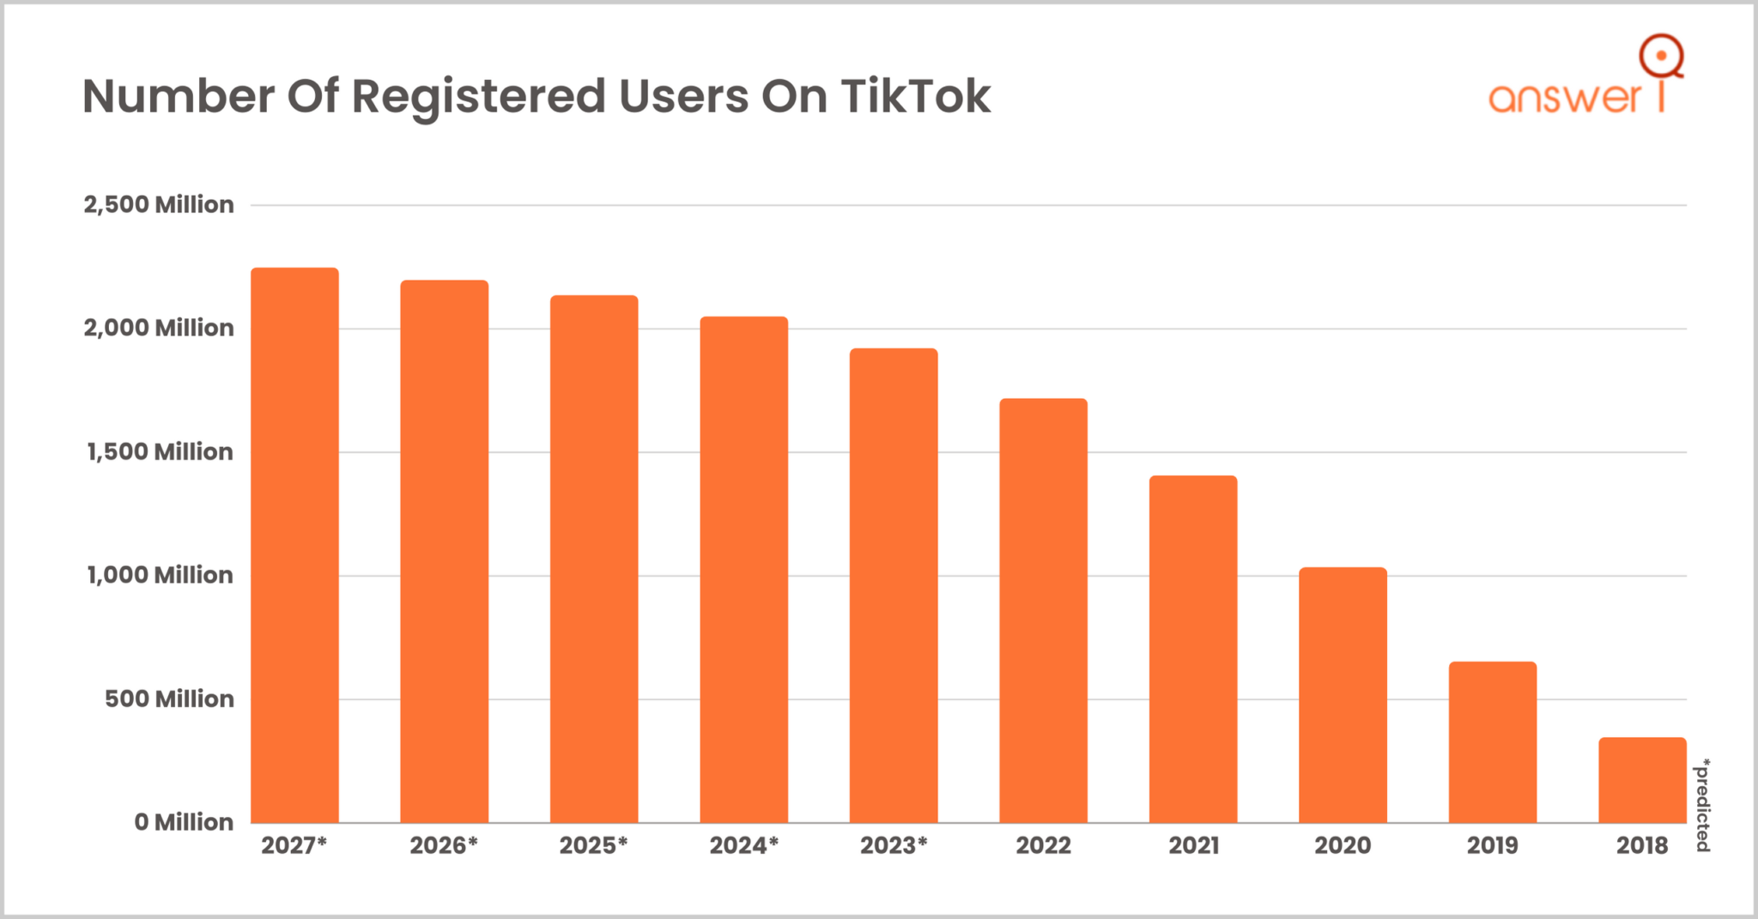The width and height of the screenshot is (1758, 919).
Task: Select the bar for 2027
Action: (x=294, y=546)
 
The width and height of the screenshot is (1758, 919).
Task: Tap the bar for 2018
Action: (x=1642, y=780)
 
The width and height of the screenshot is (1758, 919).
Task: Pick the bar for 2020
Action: (x=1343, y=695)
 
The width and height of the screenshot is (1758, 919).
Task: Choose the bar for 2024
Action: (x=743, y=570)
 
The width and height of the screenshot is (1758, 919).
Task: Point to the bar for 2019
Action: (x=1492, y=742)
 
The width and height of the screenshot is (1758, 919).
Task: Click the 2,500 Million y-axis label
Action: (x=159, y=204)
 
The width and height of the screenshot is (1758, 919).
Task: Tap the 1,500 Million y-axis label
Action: (x=160, y=451)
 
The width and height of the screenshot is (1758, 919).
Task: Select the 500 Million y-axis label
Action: (x=169, y=698)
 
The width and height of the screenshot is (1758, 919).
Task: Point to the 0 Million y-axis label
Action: (x=184, y=822)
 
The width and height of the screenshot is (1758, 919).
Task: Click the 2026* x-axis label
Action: (x=444, y=845)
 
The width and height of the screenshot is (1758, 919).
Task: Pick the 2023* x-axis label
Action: (x=894, y=845)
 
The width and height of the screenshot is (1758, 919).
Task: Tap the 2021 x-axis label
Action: (x=1193, y=845)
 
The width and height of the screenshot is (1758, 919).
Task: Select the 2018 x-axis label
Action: (x=1642, y=845)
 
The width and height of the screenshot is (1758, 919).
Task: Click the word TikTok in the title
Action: (x=915, y=96)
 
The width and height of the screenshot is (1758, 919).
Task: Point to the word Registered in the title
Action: (x=479, y=96)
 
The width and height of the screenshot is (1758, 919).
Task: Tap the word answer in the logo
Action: (x=1565, y=98)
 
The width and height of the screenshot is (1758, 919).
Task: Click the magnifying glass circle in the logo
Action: (x=1661, y=56)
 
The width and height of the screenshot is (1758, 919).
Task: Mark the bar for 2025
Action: (x=594, y=559)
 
